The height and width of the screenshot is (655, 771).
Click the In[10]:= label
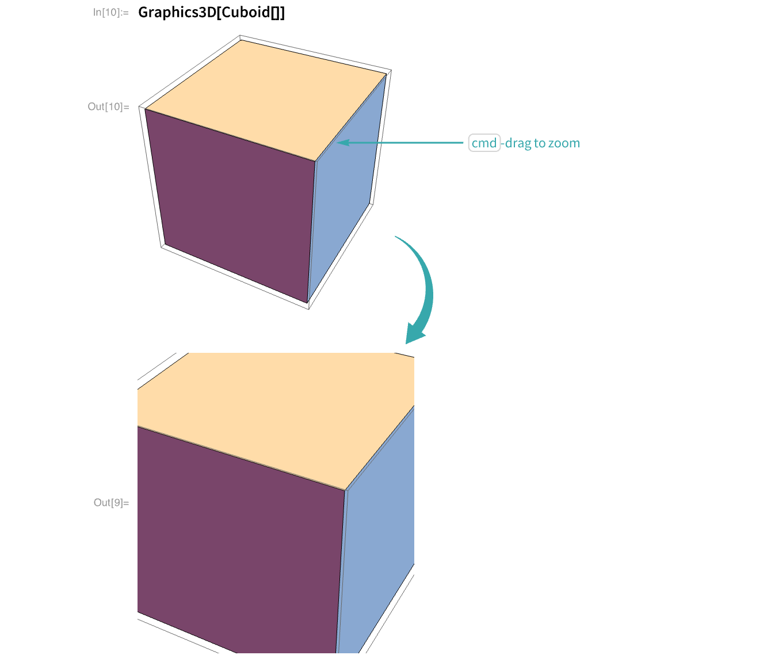point(110,12)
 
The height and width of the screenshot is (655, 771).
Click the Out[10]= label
point(108,106)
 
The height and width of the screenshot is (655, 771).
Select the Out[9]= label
point(111,503)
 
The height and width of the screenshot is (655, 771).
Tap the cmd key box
point(484,143)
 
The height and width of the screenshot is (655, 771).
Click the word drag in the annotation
point(518,143)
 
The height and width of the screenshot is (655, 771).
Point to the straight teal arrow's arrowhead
point(341,142)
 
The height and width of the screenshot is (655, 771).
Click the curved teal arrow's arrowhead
point(414,334)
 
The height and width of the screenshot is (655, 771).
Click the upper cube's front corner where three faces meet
point(315,162)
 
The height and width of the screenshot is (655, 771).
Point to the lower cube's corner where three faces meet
point(345,490)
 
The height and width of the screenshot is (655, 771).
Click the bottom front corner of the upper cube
point(308,302)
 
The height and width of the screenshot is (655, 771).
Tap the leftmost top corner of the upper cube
point(145,109)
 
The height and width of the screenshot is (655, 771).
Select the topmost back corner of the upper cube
point(242,40)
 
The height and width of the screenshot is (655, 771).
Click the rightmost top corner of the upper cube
point(387,74)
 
